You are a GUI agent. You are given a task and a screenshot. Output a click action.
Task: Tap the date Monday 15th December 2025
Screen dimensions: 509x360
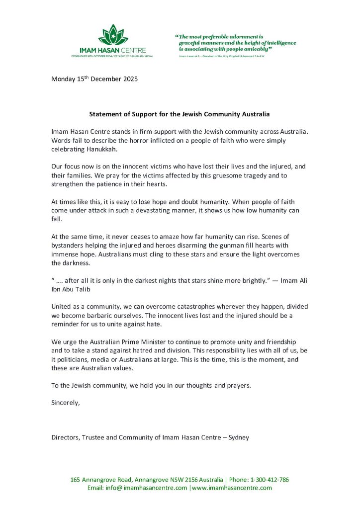click(94, 79)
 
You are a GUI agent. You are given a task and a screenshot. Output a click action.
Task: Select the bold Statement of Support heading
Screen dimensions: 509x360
click(180, 114)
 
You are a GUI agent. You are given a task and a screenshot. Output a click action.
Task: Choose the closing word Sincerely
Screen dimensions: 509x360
click(66, 403)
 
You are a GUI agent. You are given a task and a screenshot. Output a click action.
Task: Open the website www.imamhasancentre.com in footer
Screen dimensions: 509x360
click(232, 488)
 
